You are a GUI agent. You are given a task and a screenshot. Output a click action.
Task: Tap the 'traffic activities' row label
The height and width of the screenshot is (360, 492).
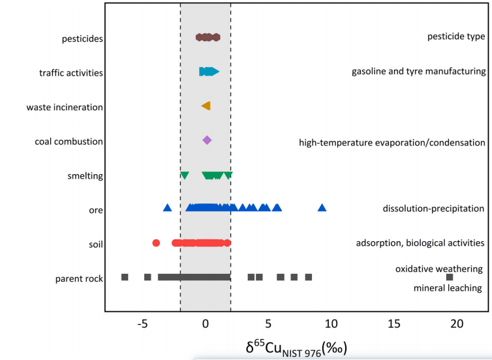[71, 72]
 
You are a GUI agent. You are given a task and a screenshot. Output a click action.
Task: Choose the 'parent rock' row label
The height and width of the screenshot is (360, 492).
[80, 279]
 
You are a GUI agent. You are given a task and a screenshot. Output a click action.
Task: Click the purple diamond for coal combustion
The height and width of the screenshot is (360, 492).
[207, 140]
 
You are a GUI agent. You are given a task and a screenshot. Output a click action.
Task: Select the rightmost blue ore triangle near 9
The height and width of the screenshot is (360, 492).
[322, 207]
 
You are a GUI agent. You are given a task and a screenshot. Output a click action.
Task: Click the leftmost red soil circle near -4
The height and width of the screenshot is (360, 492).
[156, 243]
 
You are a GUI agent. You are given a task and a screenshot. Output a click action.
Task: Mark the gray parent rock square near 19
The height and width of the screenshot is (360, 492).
[449, 277]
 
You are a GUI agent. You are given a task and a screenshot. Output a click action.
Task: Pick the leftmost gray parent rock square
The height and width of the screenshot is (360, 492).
[125, 277]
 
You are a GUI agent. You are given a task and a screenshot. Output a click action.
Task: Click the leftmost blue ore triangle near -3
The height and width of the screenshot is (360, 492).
[167, 207]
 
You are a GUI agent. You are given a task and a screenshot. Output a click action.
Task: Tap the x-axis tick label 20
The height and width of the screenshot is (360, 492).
[456, 324]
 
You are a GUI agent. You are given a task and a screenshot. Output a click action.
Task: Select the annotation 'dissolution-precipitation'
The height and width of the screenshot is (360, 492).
[433, 209]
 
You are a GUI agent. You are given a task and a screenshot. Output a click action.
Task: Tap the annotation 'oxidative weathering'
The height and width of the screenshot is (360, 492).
[438, 269]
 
